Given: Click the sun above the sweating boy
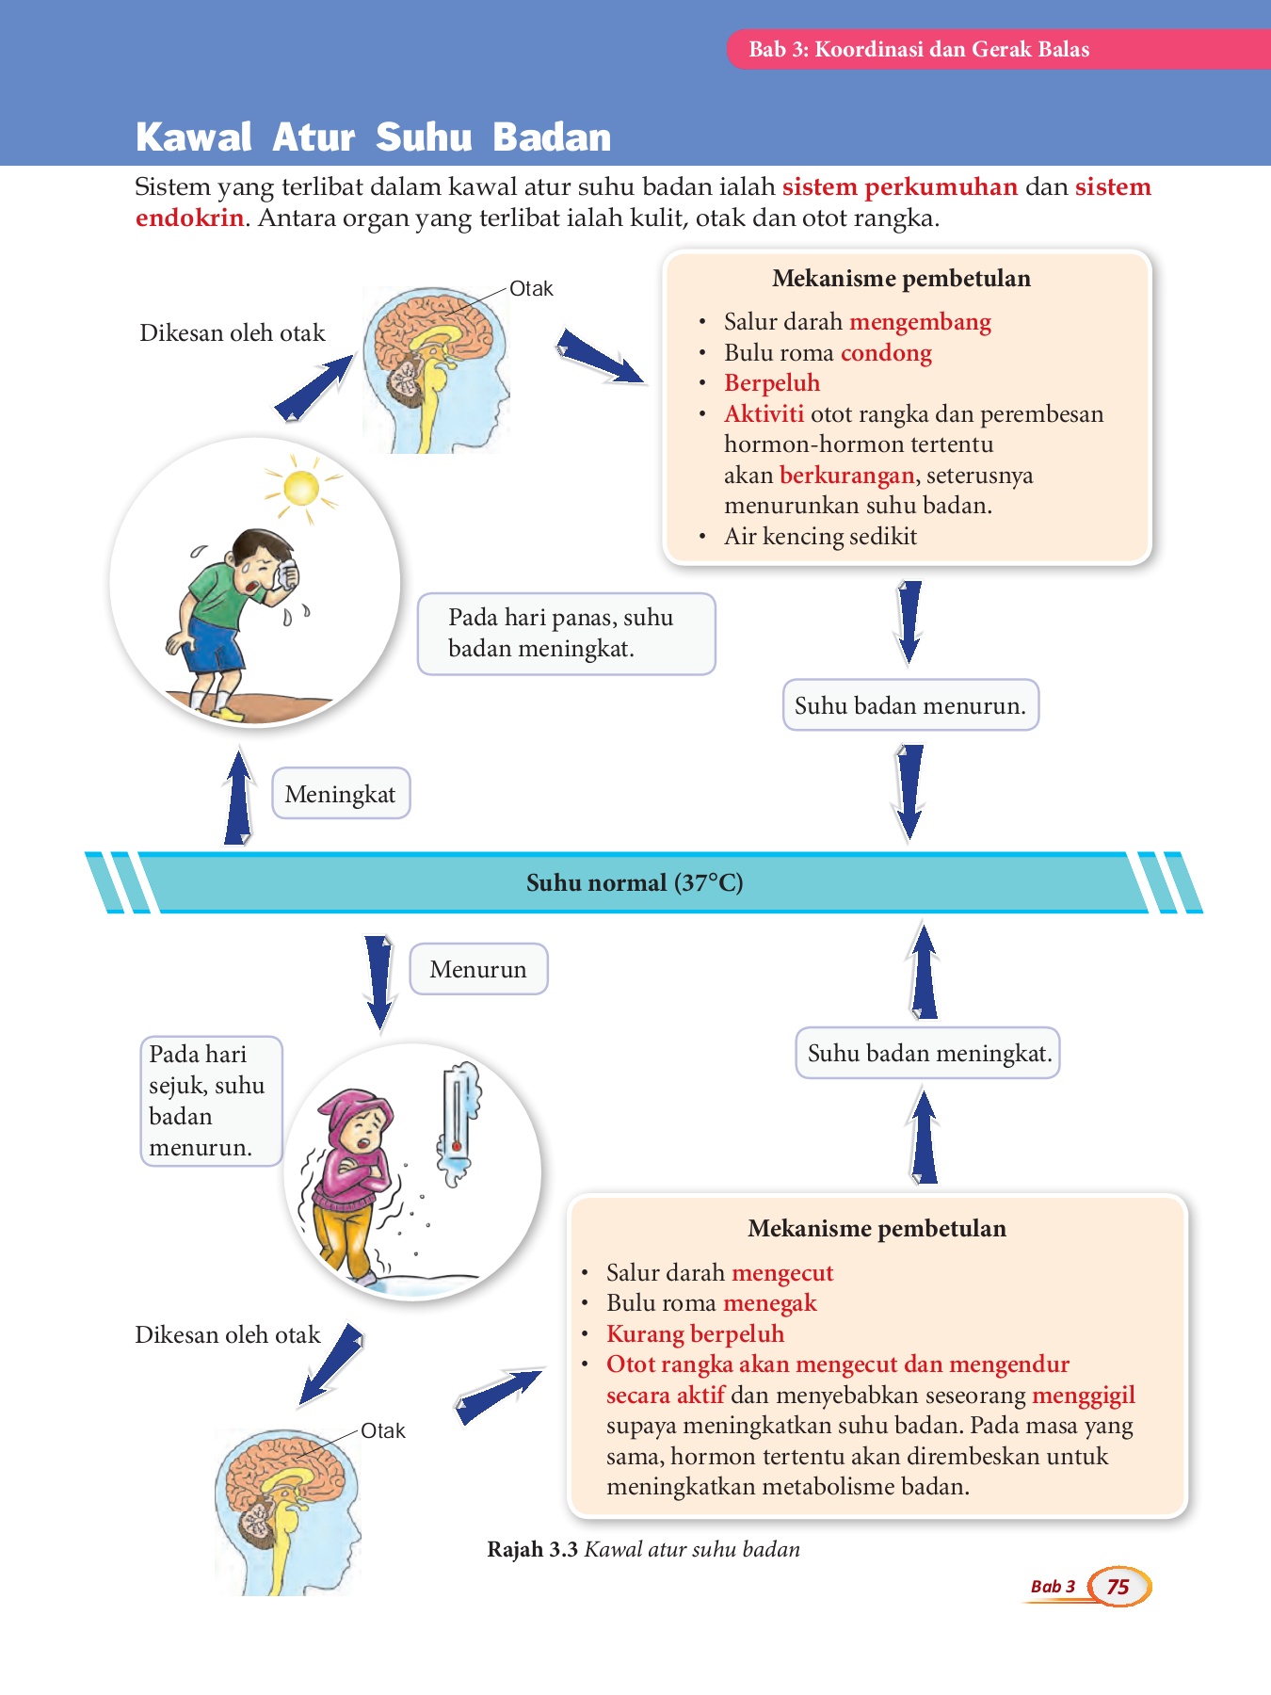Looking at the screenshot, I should [301, 488].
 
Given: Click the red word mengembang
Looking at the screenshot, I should [920, 322].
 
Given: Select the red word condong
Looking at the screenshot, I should [886, 353].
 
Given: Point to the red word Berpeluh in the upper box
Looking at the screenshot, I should [772, 383].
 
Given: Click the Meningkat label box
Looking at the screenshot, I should [340, 794].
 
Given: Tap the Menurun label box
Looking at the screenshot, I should [478, 969].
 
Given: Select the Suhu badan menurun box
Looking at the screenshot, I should [910, 705].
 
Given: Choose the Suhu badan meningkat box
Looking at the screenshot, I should [928, 1053].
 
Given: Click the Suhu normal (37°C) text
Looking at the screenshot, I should [635, 883].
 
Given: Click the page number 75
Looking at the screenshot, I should [1118, 1587].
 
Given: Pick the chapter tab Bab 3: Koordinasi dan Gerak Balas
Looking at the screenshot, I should [919, 50].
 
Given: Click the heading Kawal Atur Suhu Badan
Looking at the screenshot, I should [373, 137].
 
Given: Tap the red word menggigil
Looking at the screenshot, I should [1083, 1395].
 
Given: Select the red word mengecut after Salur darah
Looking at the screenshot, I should [782, 1273].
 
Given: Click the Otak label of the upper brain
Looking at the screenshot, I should [531, 289].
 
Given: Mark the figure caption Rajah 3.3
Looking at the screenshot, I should [532, 1550].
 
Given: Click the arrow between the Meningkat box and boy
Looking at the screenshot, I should [239, 797].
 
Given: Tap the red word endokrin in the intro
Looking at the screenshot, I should [189, 218].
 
